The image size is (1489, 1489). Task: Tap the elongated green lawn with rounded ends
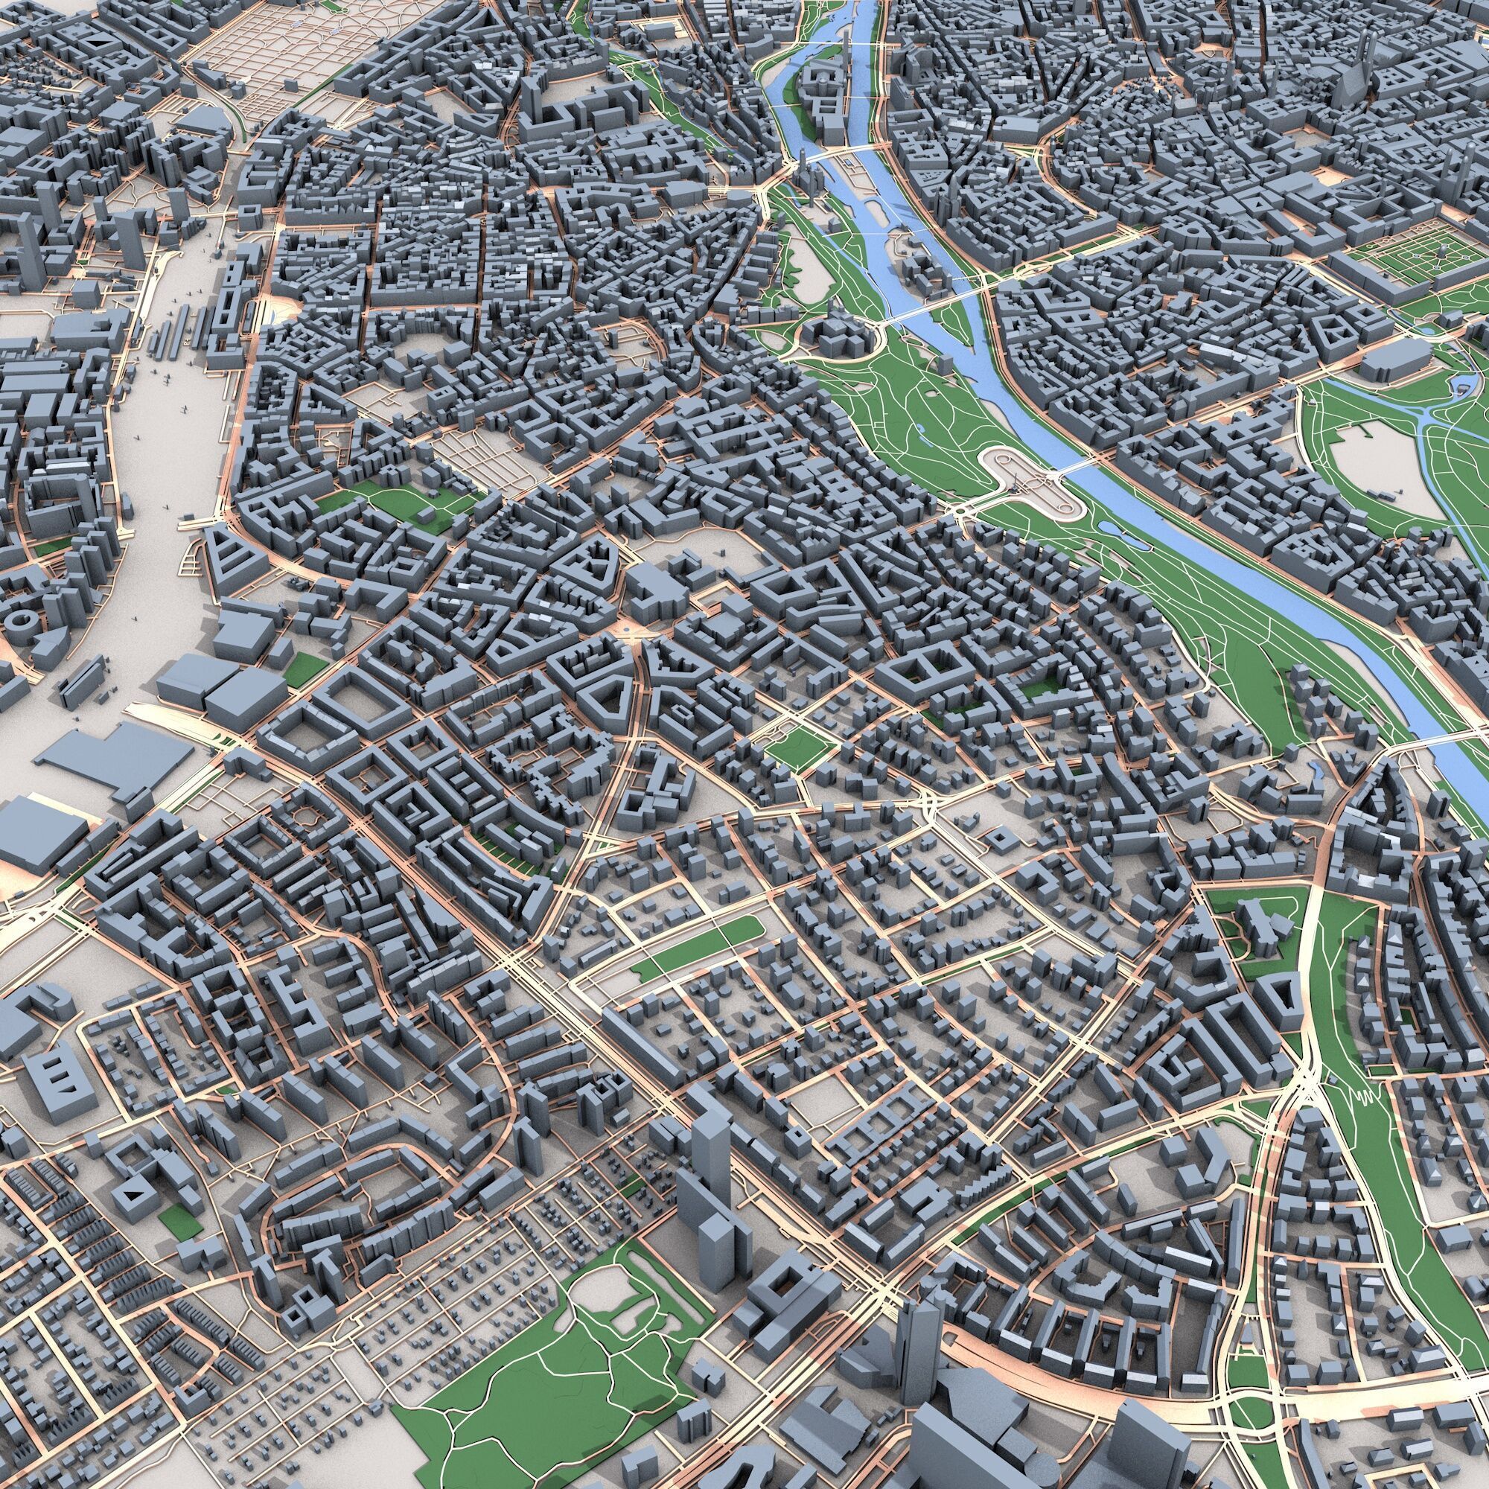pos(694,948)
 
